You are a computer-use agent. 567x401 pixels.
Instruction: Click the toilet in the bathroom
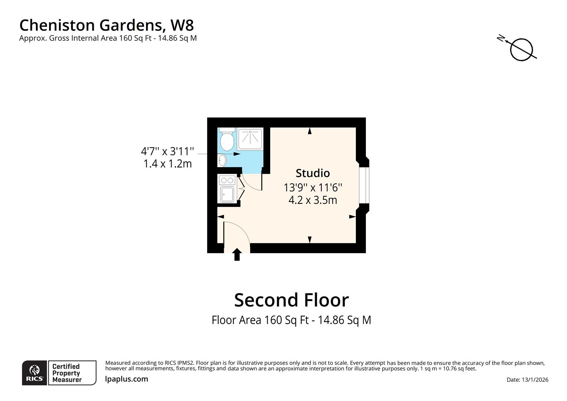(x=227, y=139)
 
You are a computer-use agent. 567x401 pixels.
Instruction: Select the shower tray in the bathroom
(x=250, y=139)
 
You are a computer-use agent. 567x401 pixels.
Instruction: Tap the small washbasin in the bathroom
(x=222, y=160)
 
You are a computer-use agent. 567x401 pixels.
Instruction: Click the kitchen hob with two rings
(x=227, y=180)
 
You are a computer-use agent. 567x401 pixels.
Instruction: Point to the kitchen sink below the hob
(x=227, y=194)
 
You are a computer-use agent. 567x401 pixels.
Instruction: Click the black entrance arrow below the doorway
(x=237, y=255)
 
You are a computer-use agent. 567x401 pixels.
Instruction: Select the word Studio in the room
(x=312, y=173)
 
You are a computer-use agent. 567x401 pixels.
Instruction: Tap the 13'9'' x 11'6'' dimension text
(x=312, y=187)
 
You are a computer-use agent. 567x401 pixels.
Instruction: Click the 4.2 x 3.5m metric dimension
(x=312, y=200)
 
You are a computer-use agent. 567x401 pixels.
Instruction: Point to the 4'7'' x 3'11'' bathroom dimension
(x=167, y=151)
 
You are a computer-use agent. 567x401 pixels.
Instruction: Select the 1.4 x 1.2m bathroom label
(x=167, y=164)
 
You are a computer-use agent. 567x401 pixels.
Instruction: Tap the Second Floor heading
(x=291, y=300)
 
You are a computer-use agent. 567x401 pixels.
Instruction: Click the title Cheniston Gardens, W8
(x=106, y=25)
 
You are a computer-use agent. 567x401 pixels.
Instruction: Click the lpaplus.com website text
(x=127, y=379)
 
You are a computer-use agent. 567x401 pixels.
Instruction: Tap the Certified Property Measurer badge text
(x=67, y=373)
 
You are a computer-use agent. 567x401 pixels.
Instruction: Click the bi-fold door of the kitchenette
(x=240, y=189)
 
